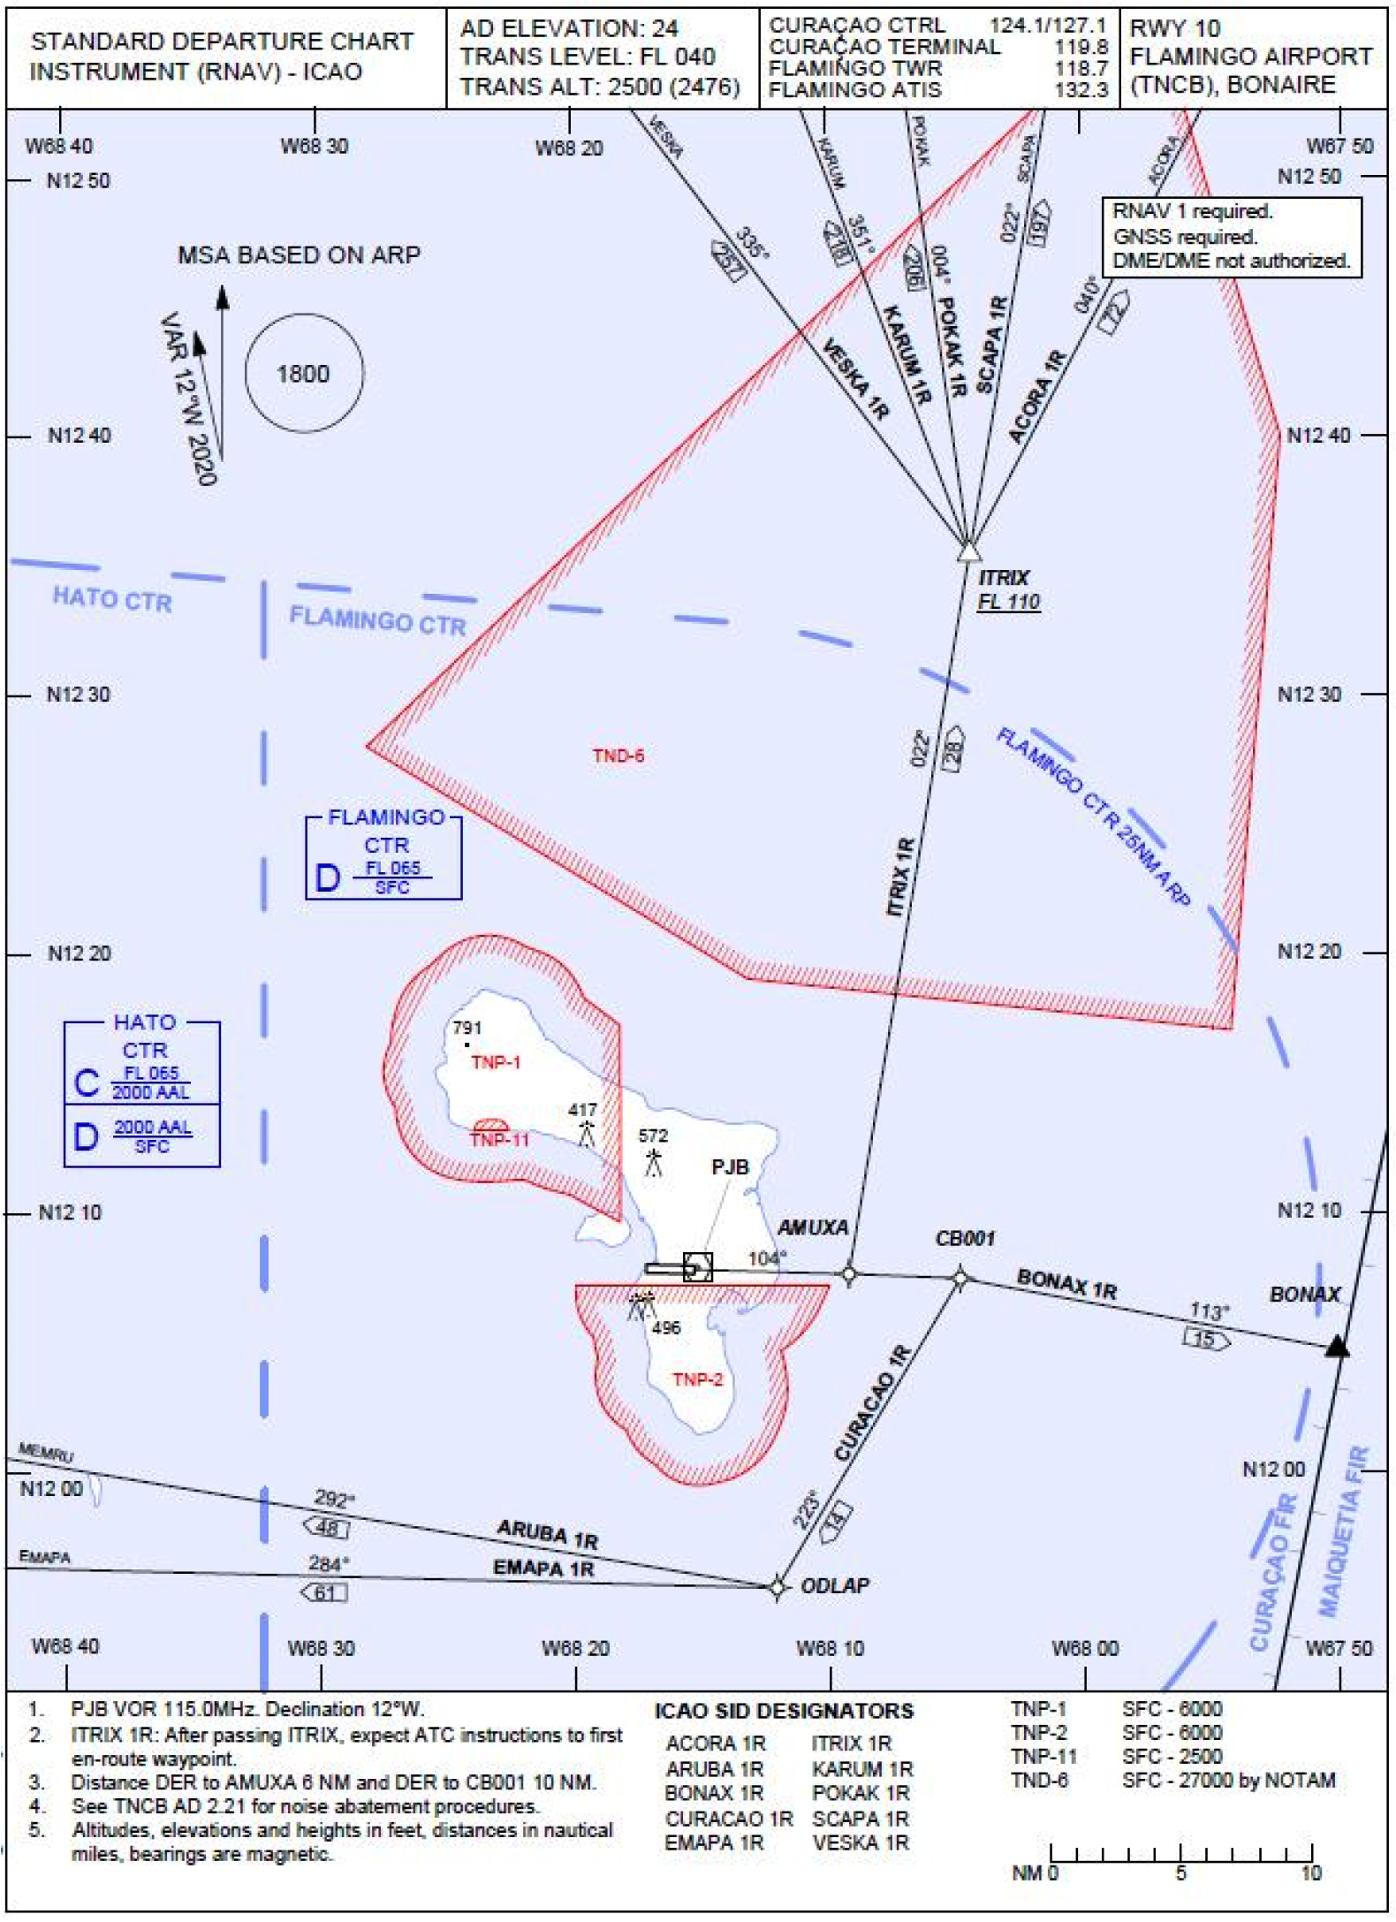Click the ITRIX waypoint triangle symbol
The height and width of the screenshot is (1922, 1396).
969,551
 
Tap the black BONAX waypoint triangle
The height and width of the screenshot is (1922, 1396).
1338,1347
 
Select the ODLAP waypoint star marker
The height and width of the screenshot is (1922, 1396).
777,1587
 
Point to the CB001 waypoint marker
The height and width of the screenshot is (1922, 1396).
960,1277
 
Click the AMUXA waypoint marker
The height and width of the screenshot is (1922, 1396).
849,1274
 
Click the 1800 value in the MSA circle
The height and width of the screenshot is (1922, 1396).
303,374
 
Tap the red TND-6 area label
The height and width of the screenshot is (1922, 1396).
618,756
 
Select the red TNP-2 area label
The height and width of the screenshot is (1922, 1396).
697,1379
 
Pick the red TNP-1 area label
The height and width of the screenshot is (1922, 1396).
496,1062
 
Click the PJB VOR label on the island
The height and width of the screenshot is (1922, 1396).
730,1166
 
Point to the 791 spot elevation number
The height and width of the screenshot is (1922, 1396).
467,1028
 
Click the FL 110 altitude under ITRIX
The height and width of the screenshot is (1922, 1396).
1008,602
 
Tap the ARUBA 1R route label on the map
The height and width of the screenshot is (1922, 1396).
547,1533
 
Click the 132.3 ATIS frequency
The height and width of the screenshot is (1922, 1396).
1081,89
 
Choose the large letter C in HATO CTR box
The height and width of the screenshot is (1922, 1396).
87,1083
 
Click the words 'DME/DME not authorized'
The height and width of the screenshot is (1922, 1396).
1231,261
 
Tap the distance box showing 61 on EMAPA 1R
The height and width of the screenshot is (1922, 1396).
325,1592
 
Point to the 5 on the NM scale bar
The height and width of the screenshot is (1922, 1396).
1180,1873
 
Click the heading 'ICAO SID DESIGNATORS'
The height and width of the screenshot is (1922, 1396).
784,1712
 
